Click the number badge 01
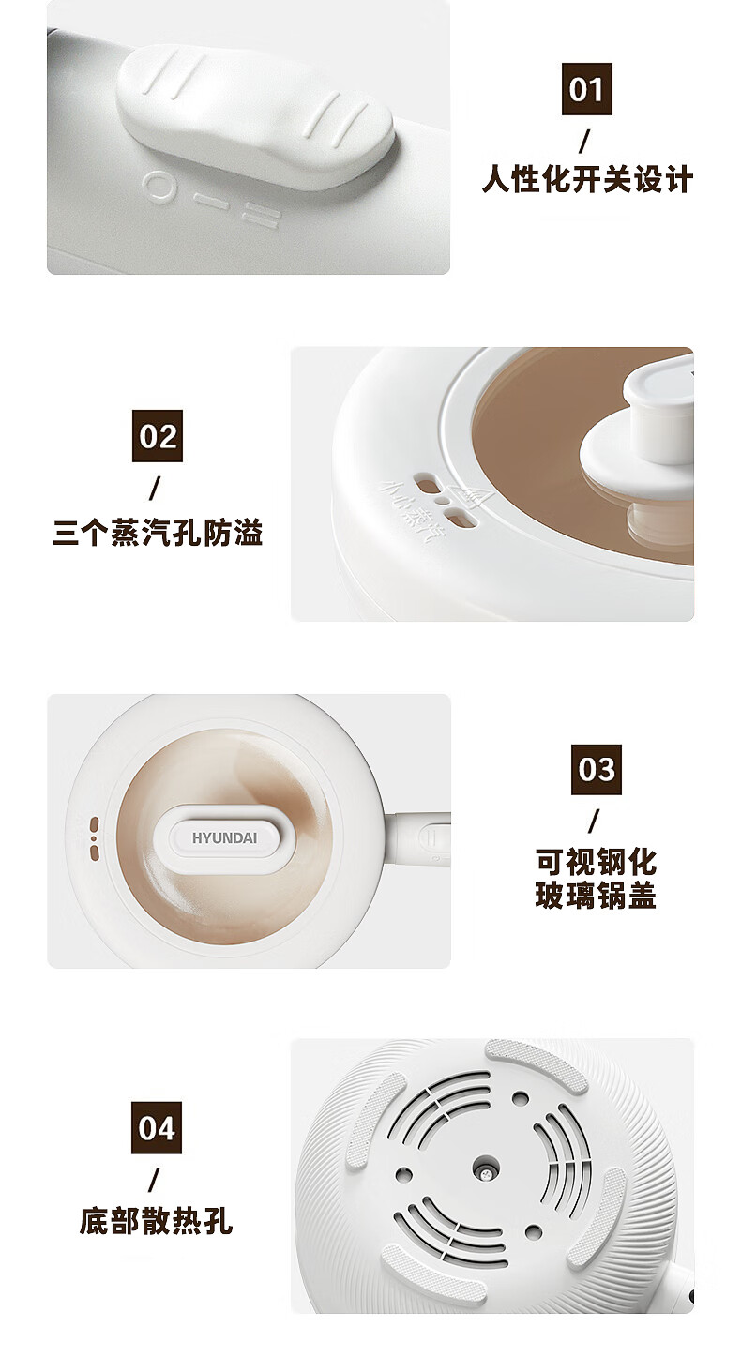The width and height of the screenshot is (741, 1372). (x=586, y=89)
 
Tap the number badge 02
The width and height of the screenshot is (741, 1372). (x=158, y=436)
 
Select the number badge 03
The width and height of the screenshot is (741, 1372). (x=596, y=770)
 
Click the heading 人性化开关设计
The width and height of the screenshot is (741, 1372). (x=587, y=180)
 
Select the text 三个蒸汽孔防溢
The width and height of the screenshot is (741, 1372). (x=158, y=532)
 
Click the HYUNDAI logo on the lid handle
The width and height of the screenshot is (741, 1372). (x=224, y=837)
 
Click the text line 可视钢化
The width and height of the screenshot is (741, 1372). (x=596, y=862)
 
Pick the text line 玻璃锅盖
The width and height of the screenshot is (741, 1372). (x=596, y=895)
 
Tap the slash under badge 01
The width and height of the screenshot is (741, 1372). (x=585, y=141)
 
